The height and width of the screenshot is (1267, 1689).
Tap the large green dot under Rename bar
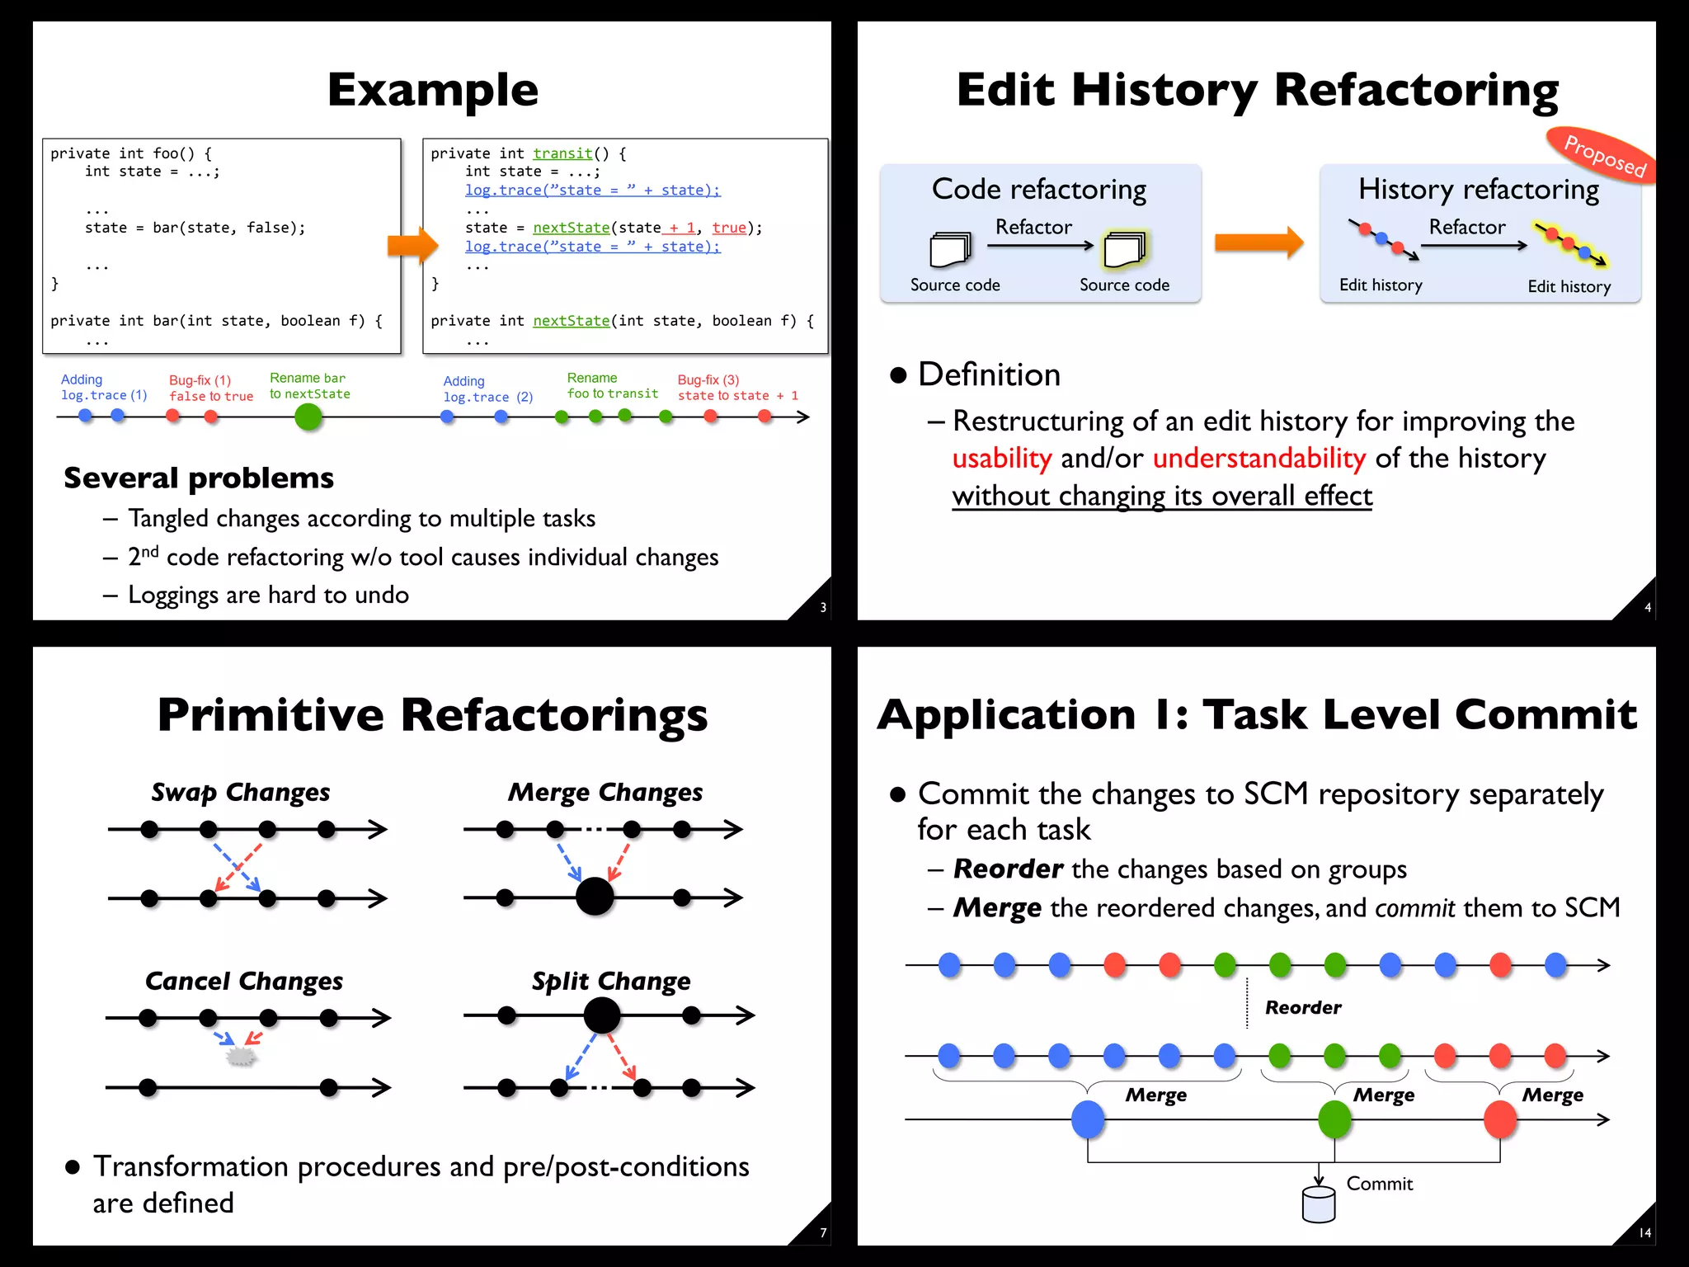(x=308, y=417)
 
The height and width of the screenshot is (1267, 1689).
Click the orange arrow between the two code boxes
(x=412, y=245)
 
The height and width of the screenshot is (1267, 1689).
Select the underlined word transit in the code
(x=562, y=153)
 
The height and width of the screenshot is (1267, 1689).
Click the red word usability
(x=1002, y=458)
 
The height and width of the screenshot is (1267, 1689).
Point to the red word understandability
(x=1259, y=458)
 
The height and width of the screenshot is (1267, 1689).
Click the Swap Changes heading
(x=240, y=792)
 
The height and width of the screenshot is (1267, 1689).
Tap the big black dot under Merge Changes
(x=595, y=897)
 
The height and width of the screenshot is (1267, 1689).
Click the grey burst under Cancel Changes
(x=240, y=1057)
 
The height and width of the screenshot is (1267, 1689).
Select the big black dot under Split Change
(x=602, y=1015)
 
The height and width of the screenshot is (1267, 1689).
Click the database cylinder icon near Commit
(x=1318, y=1204)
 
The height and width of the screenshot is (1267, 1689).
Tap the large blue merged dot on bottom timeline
(x=1088, y=1119)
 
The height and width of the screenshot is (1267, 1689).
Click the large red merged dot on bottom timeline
(x=1500, y=1119)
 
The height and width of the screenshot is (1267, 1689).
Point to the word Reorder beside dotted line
(x=1303, y=1007)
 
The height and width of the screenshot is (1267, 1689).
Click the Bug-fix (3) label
(x=708, y=380)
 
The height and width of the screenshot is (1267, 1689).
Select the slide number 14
(x=1644, y=1233)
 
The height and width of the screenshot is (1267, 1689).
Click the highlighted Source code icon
(x=1125, y=250)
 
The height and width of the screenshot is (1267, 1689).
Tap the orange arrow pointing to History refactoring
(x=1259, y=243)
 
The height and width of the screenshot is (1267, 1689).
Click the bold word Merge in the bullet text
(x=997, y=907)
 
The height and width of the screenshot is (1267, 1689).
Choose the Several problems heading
(x=199, y=478)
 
